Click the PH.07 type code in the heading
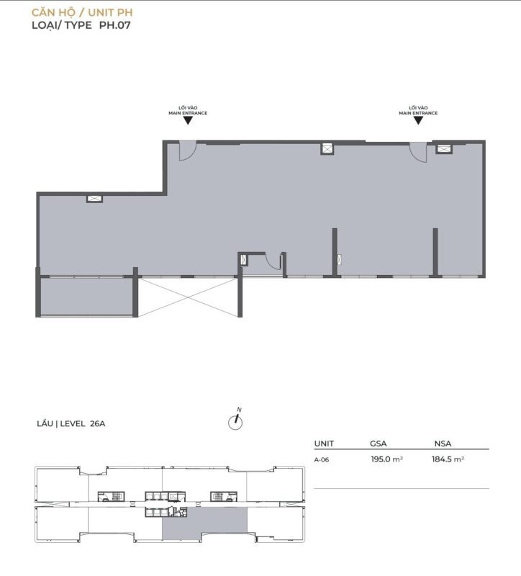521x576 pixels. point(115,25)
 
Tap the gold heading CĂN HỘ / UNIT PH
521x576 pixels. point(82,12)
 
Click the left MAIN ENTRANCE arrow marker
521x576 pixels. point(188,120)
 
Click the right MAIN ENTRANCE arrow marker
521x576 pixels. point(418,120)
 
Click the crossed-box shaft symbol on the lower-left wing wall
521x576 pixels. point(94,199)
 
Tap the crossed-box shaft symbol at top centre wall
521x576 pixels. point(327,149)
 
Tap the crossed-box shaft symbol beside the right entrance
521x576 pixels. point(444,149)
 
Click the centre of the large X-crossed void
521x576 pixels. point(188,297)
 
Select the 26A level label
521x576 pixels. point(97,423)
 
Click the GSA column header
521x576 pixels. point(379,444)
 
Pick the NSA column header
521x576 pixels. point(443,444)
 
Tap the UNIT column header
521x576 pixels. point(324,444)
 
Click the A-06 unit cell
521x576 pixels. point(322,459)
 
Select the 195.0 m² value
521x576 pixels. point(387,459)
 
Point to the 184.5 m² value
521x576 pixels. point(448,459)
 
